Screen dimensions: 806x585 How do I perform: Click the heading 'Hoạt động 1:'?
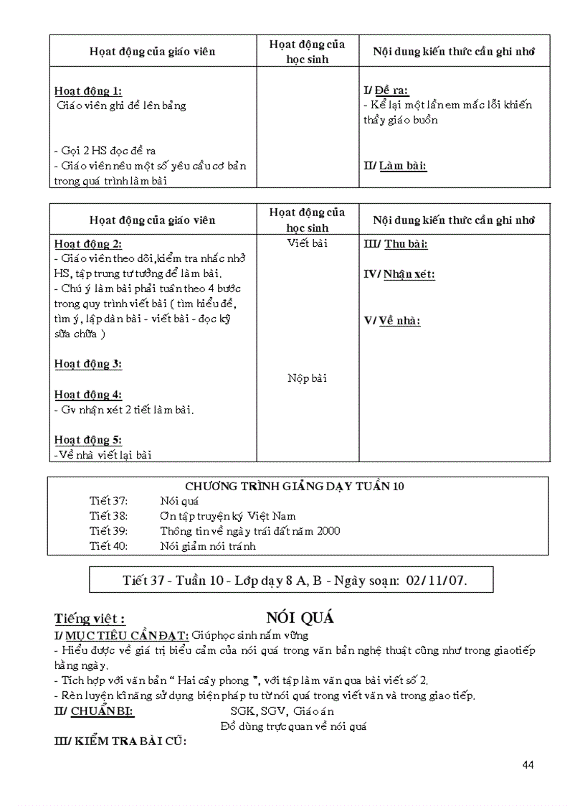(88, 90)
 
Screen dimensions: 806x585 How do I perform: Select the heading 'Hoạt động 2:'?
(88, 244)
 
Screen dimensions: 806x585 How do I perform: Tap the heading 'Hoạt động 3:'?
(88, 364)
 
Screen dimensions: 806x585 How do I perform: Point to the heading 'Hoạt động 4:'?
(88, 395)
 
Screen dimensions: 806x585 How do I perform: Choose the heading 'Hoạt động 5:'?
(88, 440)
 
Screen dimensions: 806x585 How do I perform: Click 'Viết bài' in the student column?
(308, 243)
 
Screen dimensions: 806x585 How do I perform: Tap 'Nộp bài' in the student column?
(308, 378)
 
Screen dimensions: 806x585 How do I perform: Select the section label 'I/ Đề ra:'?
(386, 90)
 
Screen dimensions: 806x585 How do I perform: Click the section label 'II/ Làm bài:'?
(395, 166)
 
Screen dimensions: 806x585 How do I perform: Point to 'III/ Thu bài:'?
(396, 244)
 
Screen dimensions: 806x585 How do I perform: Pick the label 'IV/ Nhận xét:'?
(399, 274)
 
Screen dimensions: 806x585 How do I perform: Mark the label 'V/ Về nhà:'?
(392, 320)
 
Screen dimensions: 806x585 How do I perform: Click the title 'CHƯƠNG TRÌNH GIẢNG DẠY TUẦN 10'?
(295, 486)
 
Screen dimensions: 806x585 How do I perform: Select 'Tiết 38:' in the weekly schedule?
(109, 516)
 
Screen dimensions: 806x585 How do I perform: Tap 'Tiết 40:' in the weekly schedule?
(109, 546)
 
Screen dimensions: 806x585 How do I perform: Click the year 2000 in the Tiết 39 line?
(328, 531)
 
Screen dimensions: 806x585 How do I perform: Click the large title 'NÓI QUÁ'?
(300, 618)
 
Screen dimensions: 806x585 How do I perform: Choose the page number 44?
(528, 764)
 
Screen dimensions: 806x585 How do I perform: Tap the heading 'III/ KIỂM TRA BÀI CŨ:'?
(120, 741)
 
